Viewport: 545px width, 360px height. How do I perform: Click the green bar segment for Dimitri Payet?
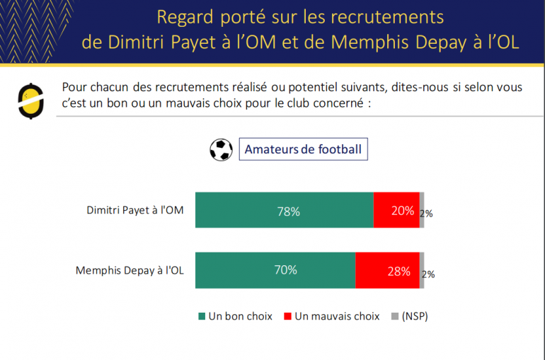pyautogui.click(x=284, y=210)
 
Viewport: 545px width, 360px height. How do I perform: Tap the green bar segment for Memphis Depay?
pyautogui.click(x=275, y=270)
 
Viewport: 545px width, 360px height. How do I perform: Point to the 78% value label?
pyautogui.click(x=289, y=211)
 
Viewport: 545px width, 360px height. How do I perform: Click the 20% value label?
pyautogui.click(x=403, y=211)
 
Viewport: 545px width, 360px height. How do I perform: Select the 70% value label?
pyautogui.click(x=285, y=270)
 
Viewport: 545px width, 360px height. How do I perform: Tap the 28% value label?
pyautogui.click(x=399, y=271)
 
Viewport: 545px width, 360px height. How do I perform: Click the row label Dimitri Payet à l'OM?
pyautogui.click(x=135, y=210)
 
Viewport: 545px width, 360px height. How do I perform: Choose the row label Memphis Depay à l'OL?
pyautogui.click(x=130, y=270)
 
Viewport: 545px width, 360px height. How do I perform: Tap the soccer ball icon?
pyautogui.click(x=221, y=149)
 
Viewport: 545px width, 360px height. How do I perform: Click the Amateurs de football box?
pyautogui.click(x=303, y=149)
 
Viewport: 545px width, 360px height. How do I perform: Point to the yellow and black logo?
pyautogui.click(x=30, y=100)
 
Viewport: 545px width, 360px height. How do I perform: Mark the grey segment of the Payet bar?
pyautogui.click(x=422, y=210)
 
